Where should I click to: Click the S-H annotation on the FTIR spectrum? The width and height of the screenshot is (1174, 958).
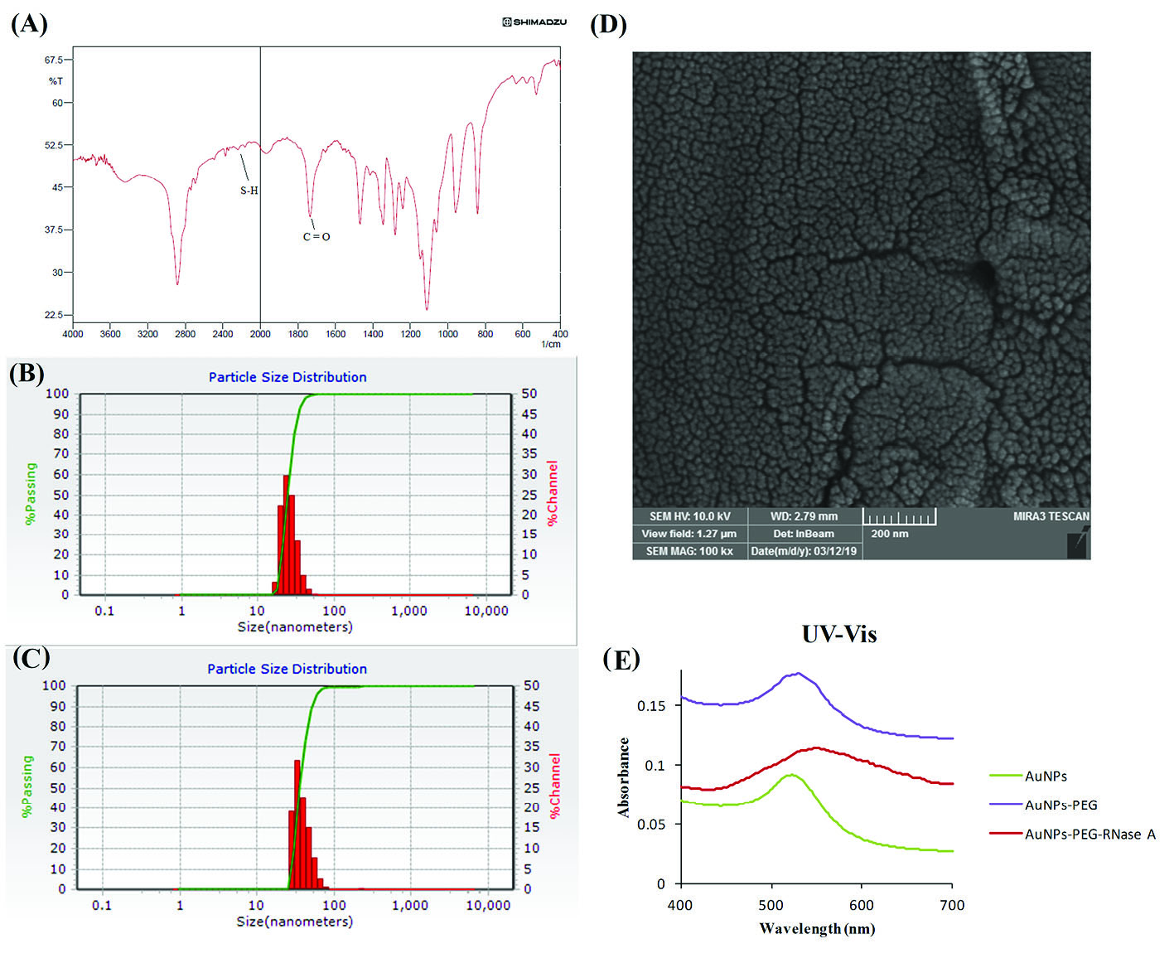pos(249,191)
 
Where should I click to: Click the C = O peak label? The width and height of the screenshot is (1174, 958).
pos(316,237)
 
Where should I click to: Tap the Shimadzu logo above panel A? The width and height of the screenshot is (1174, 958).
pos(534,22)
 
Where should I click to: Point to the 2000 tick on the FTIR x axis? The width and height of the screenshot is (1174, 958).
pos(260,334)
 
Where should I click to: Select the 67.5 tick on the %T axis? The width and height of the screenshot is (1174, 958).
pos(54,60)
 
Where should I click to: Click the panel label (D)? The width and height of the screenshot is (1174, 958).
pos(608,24)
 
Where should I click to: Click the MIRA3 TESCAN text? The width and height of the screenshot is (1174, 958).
pos(1051,516)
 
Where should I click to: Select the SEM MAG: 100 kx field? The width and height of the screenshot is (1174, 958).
pos(689,551)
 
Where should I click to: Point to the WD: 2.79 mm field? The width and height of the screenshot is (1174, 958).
pos(804,516)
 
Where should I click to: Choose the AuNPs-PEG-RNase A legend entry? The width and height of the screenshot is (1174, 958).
pos(1089,835)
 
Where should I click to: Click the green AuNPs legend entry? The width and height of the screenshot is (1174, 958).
pos(1046,777)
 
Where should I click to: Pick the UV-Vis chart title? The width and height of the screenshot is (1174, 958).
pos(838,635)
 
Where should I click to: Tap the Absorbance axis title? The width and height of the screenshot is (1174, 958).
pos(624,777)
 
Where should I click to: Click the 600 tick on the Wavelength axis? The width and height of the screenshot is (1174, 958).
pos(862,905)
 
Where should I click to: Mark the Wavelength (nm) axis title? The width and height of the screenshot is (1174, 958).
pos(817,928)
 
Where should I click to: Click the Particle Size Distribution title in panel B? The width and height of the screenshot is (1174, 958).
pos(287,377)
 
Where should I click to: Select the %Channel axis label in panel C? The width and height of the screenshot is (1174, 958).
pos(554,785)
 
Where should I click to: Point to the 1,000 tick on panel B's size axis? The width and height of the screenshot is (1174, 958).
pos(409,611)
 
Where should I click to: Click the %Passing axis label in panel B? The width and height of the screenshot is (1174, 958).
pos(31,493)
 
